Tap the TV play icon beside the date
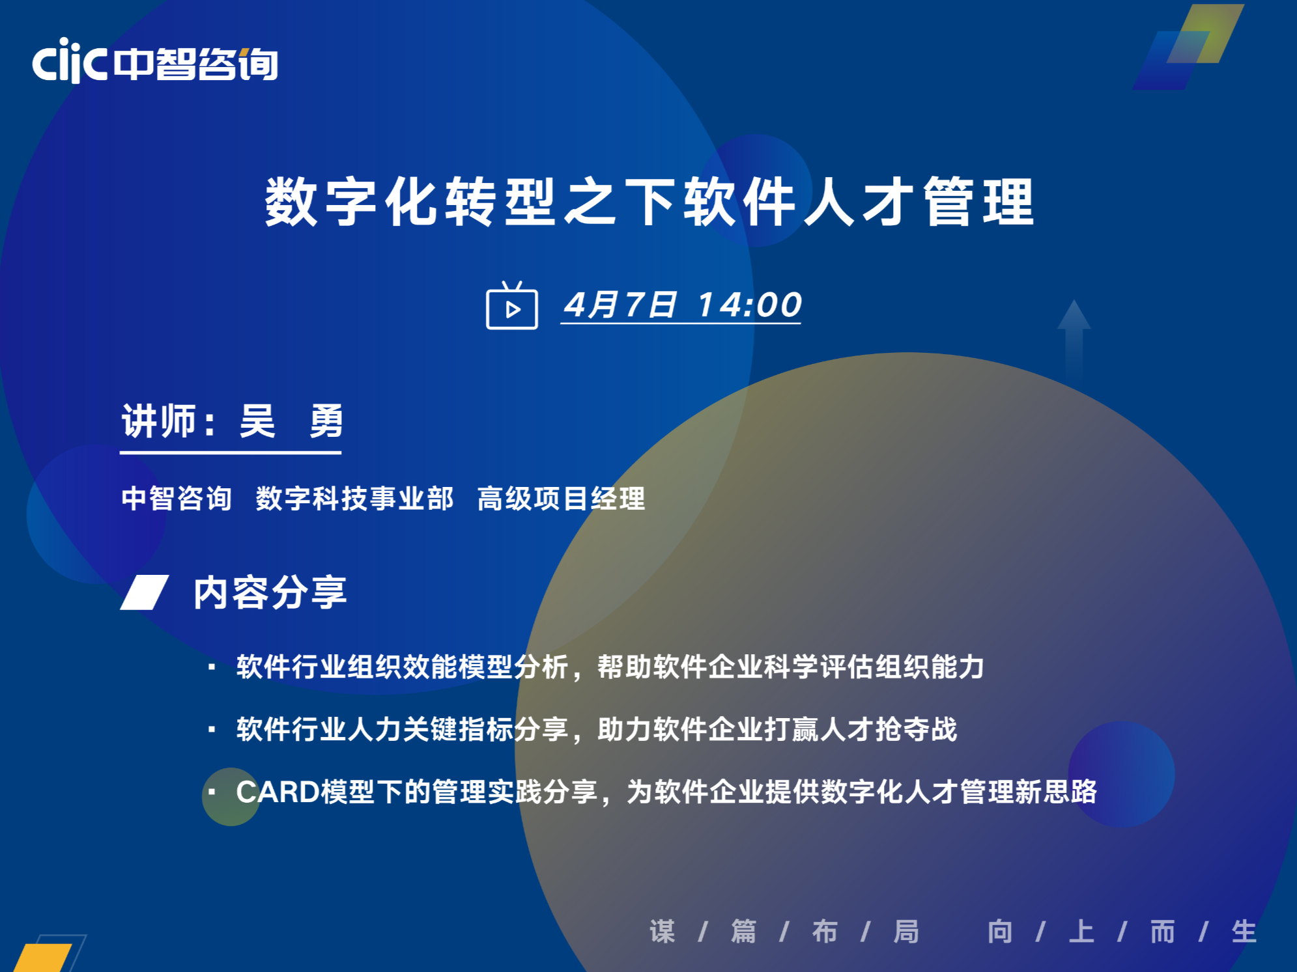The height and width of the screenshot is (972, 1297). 512,305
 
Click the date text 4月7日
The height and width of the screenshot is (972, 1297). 620,305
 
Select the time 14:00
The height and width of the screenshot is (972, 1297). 749,305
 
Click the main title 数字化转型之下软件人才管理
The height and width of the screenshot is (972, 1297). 649,202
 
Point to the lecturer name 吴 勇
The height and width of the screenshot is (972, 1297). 291,421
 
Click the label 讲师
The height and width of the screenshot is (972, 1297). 159,421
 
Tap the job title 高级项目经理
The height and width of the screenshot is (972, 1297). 561,499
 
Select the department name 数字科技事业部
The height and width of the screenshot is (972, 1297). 354,499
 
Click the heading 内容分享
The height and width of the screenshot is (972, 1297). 270,592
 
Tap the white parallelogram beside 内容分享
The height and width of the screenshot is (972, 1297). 145,592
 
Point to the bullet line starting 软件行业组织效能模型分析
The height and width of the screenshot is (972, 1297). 610,667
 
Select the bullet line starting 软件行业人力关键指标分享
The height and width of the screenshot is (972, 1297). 597,729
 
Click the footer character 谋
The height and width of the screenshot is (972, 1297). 662,932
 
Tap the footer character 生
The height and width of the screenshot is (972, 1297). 1244,932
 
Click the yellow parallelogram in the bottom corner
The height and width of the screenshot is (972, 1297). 43,957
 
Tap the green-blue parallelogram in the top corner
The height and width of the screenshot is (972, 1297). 1189,46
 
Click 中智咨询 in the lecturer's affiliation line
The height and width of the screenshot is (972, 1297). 177,499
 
